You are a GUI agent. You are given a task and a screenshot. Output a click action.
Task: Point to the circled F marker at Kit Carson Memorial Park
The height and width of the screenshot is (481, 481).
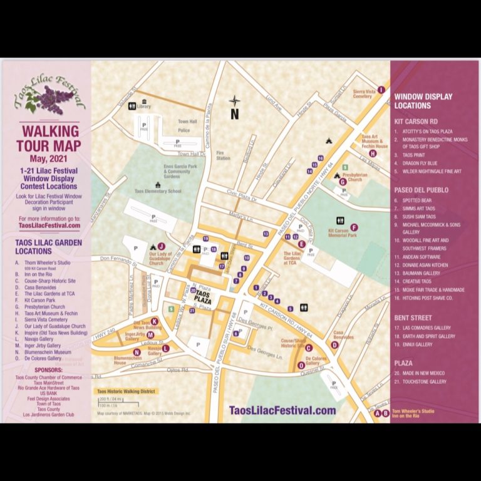tap(354, 227)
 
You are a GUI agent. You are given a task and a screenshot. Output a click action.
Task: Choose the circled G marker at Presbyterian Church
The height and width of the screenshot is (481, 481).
tap(343, 182)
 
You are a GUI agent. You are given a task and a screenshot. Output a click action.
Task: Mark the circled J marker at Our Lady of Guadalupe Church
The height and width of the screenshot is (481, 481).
tap(161, 246)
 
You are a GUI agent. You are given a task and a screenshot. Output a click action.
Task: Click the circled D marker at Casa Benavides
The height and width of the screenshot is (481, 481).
tap(334, 344)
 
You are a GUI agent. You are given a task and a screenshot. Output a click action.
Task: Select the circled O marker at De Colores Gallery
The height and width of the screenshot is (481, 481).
tap(302, 365)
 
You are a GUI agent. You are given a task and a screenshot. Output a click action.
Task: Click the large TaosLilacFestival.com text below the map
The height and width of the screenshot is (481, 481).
tap(283, 410)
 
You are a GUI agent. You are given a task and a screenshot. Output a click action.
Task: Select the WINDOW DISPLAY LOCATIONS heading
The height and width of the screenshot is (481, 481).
tap(423, 101)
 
